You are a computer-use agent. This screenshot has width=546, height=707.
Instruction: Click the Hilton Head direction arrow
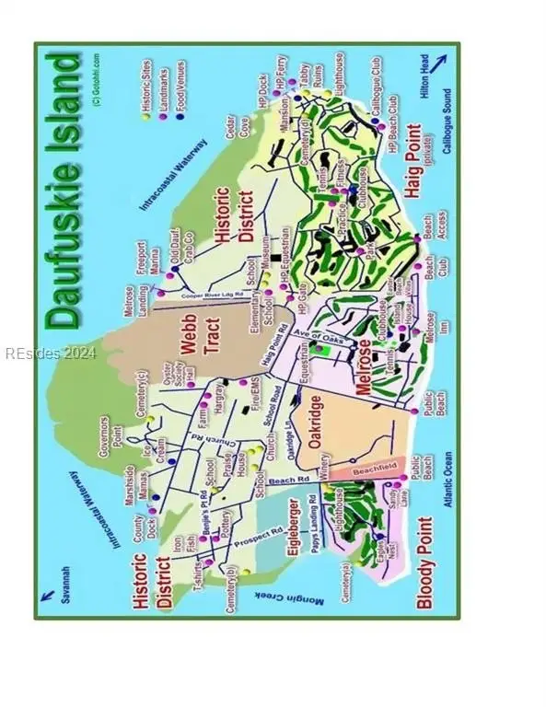tap(440, 63)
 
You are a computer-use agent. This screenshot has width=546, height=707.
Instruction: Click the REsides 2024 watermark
tap(43, 352)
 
